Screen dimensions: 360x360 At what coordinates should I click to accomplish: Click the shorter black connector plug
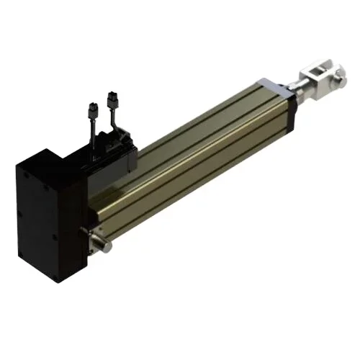pyautogui.click(x=91, y=111)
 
